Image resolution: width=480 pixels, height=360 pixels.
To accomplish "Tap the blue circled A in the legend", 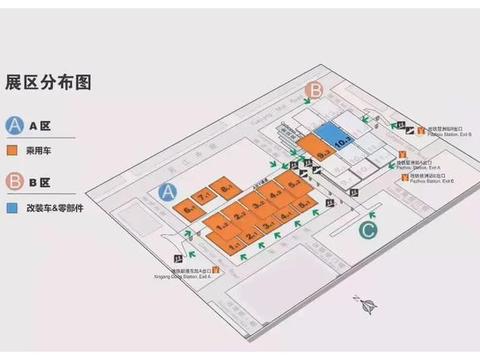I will [x=16, y=126].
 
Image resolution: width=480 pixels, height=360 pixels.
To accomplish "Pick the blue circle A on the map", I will [x=169, y=191].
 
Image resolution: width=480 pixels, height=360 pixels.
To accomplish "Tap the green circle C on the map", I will [x=369, y=230].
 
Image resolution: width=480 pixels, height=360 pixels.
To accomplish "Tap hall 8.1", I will [x=227, y=187].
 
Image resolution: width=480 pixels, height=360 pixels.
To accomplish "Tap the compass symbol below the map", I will [x=366, y=307].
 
